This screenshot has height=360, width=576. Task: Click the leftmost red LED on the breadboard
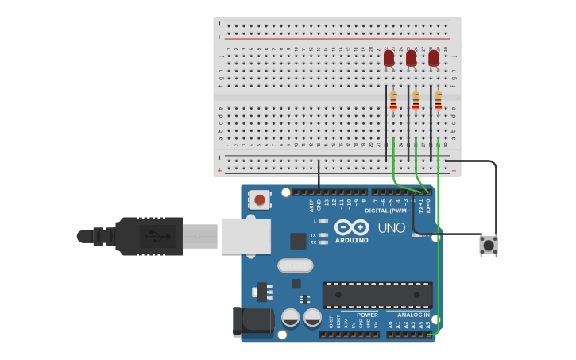tap(389, 59)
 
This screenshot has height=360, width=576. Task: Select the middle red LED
tap(411, 59)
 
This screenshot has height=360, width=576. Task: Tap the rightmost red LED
tap(434, 59)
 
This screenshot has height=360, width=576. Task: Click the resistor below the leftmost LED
tap(393, 101)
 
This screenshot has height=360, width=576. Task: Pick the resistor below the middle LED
tap(416, 101)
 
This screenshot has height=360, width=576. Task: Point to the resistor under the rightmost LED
tap(438, 101)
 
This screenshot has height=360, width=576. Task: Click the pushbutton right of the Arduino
tap(489, 246)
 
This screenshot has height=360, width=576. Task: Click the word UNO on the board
tap(391, 228)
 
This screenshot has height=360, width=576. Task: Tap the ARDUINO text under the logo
tap(351, 240)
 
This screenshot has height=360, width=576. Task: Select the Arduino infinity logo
tap(351, 227)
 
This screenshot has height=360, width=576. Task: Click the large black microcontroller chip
tap(377, 295)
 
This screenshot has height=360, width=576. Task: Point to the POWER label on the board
tap(367, 315)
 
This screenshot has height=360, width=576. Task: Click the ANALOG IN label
tap(413, 315)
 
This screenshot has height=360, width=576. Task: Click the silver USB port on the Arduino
tap(245, 236)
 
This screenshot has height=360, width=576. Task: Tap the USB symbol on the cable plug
tap(157, 236)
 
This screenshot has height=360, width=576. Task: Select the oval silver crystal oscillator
tap(295, 265)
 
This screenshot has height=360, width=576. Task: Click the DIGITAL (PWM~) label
tap(388, 211)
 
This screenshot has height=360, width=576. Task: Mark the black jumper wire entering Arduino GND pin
tap(319, 176)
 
